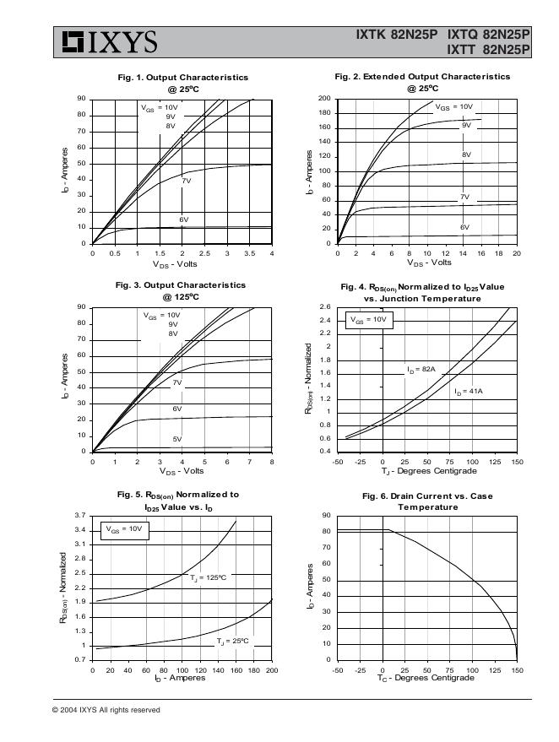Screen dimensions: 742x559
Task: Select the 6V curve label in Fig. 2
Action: coord(464,228)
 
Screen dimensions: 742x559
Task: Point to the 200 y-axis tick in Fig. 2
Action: coord(324,99)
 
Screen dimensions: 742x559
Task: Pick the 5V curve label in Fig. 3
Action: coord(177,439)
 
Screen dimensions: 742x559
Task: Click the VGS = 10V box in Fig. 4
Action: coord(368,320)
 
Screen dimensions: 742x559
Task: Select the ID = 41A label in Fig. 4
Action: coord(468,392)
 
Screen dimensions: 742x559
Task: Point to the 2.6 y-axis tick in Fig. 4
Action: coord(325,307)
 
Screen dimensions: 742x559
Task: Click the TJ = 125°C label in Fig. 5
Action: coord(208,577)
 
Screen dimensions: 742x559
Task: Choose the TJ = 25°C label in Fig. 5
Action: coord(232,642)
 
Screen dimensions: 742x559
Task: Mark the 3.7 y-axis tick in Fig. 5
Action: coord(80,515)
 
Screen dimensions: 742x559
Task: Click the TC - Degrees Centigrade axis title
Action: coord(427,678)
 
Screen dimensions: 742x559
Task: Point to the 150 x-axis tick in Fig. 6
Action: coord(517,669)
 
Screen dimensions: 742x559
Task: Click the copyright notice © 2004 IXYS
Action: coord(106,710)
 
